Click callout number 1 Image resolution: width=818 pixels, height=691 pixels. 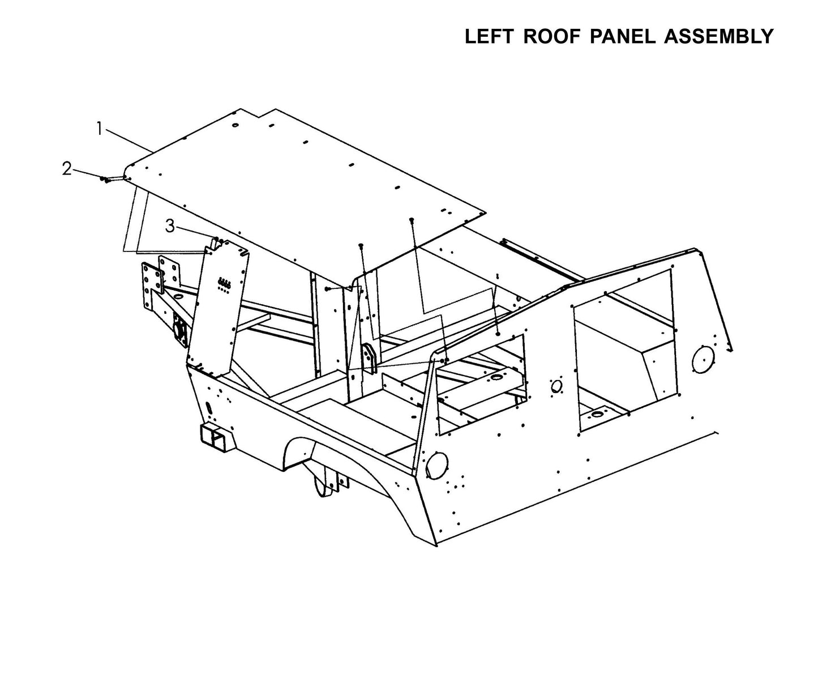pos(99,129)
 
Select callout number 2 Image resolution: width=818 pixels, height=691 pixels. pos(67,168)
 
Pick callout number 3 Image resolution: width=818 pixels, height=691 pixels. pos(170,226)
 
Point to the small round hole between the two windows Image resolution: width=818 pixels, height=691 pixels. pos(556,386)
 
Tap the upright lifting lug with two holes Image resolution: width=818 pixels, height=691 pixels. pos(369,359)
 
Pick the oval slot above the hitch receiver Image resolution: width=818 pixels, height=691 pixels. pos(208,408)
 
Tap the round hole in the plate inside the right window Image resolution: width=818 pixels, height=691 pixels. pos(596,415)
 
